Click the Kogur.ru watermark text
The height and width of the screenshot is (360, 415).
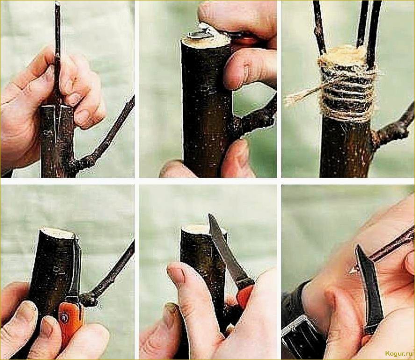tap(400, 353)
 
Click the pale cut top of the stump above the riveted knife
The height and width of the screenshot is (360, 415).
tap(57, 232)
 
